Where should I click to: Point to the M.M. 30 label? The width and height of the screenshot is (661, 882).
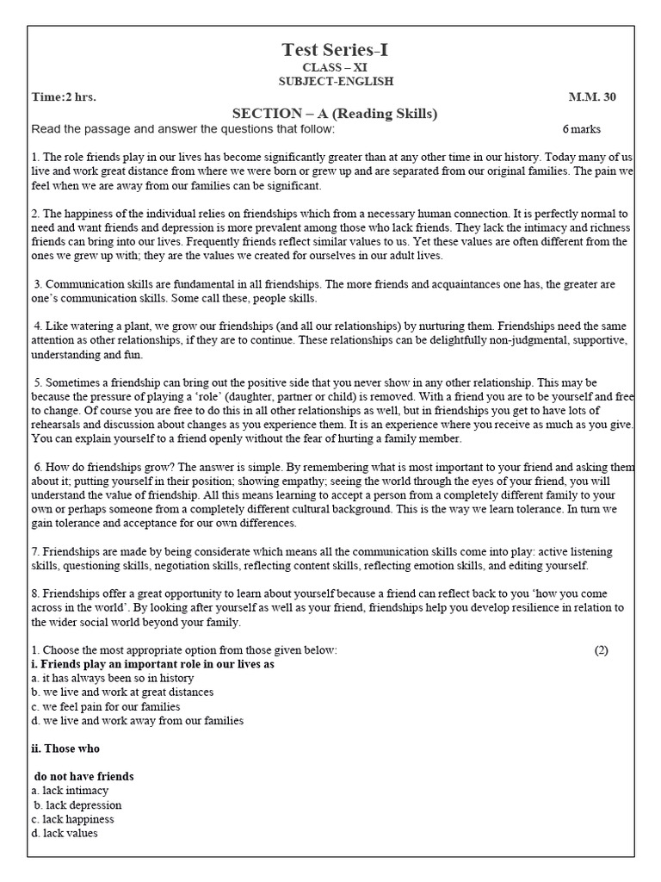592,97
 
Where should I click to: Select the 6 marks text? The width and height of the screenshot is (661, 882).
582,129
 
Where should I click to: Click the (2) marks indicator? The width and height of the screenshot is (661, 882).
601,650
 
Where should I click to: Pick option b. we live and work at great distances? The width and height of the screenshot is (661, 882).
121,692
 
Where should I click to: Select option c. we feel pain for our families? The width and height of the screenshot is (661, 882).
106,706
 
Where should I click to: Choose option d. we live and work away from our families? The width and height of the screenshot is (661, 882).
137,721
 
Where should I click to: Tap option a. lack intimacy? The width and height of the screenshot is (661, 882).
70,790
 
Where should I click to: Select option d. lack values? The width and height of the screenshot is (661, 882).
65,833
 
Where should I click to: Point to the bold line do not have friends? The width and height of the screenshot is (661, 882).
84,776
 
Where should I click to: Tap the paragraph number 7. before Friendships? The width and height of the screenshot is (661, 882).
35,550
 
